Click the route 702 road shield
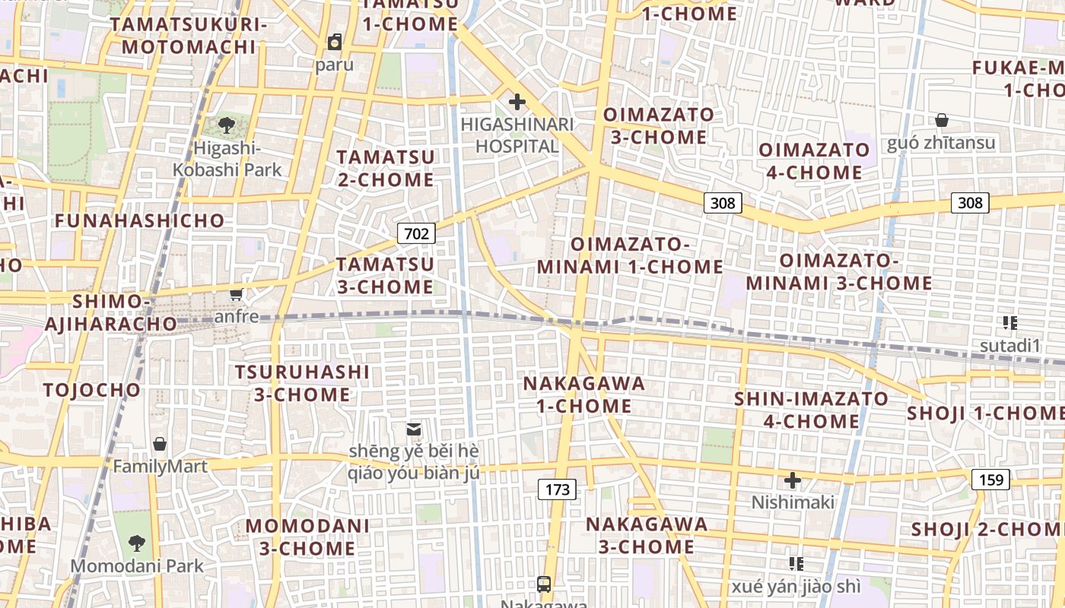pyautogui.click(x=416, y=233)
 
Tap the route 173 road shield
pyautogui.click(x=558, y=489)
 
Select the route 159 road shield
pyautogui.click(x=990, y=480)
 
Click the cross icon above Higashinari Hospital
pyautogui.click(x=517, y=101)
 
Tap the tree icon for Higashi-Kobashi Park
pyautogui.click(x=226, y=125)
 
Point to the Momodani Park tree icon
pyautogui.click(x=137, y=543)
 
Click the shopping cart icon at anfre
pyautogui.click(x=237, y=294)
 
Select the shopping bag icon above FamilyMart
pyautogui.click(x=160, y=444)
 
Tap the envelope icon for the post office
pyautogui.click(x=414, y=429)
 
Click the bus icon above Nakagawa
pyautogui.click(x=544, y=584)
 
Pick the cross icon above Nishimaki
pyautogui.click(x=793, y=480)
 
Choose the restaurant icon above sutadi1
pyautogui.click(x=1009, y=324)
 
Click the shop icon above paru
pyautogui.click(x=335, y=41)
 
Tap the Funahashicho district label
pyautogui.click(x=140, y=221)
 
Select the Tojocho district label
pyautogui.click(x=92, y=391)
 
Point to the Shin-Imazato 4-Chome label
pyautogui.click(x=811, y=410)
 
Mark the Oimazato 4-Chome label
pyautogui.click(x=814, y=161)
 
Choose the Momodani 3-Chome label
pyautogui.click(x=307, y=537)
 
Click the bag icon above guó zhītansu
pyautogui.click(x=942, y=120)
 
